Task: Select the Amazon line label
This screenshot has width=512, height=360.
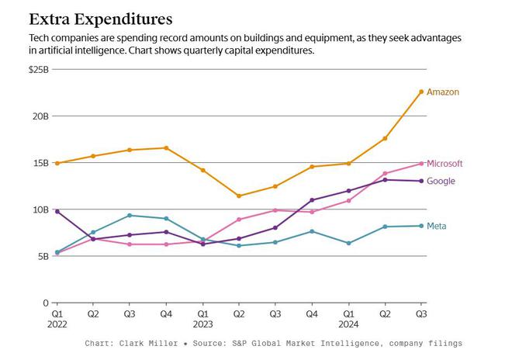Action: coord(443,92)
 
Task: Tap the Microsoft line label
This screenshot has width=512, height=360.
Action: coord(445,164)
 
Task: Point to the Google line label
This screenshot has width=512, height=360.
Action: coord(441,182)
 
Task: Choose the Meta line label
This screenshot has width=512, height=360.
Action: coord(436,227)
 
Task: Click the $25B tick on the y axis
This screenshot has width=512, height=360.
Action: coord(38,69)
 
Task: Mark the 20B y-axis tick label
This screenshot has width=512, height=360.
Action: coord(40,116)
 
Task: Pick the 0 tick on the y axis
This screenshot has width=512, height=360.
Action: coord(46,303)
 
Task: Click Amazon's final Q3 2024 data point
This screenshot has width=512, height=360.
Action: coord(421,92)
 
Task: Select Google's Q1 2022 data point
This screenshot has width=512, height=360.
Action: coord(57,211)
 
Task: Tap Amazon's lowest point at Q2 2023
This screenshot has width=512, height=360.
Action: coord(239,196)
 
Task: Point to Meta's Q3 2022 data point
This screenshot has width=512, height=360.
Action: coord(130,215)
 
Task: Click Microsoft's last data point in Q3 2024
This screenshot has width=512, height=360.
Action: coord(421,164)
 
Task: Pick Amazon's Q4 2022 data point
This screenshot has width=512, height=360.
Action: coord(166,147)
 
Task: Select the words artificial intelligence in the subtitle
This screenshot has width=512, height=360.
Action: coord(81,50)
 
